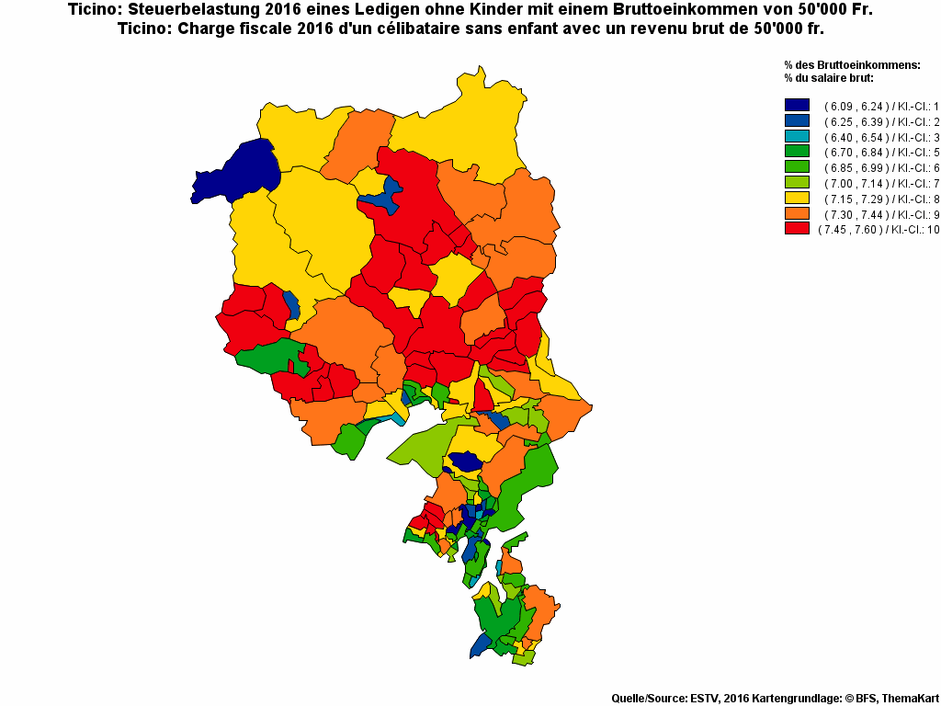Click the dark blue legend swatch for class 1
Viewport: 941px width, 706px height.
[797, 106]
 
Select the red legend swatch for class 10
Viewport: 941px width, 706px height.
[797, 229]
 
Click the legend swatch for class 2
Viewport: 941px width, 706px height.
[797, 121]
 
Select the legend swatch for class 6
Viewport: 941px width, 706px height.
[797, 167]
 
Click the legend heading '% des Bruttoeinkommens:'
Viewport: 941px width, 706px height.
[852, 65]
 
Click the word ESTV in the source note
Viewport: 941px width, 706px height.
[704, 699]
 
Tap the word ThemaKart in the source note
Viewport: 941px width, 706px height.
[909, 699]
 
